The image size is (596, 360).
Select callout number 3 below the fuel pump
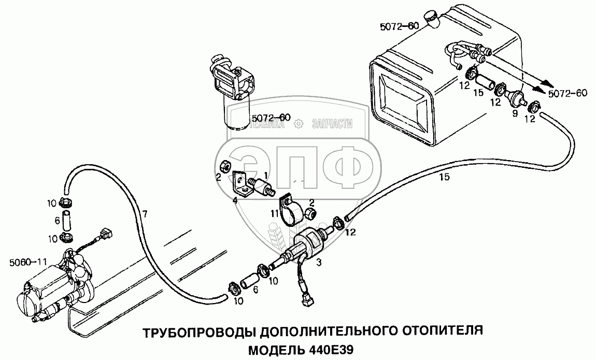point(319,262)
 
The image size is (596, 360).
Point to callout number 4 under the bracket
point(235,201)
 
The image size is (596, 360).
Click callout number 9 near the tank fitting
point(515,113)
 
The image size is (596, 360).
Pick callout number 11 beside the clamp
point(275,214)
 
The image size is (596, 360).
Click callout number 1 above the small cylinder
point(265,175)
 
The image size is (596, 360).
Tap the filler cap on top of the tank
point(432,18)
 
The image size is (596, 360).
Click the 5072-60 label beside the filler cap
point(399,26)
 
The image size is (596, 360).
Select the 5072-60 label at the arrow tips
point(567,93)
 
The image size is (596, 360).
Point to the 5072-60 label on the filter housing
point(271,118)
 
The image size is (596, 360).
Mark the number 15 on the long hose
point(444,177)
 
